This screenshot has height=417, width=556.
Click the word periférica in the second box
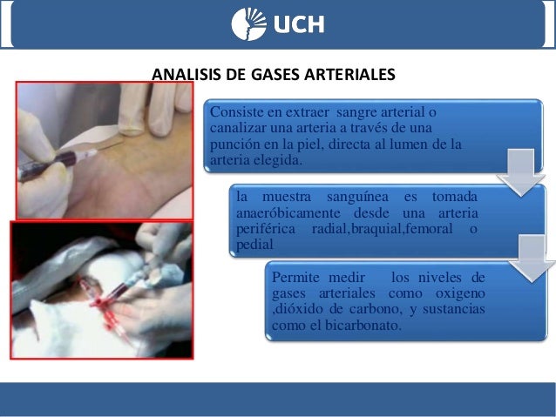(267, 229)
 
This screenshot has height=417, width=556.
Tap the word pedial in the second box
(254, 245)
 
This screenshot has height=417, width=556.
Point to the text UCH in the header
(299, 24)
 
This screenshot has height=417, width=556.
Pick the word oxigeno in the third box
(460, 294)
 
